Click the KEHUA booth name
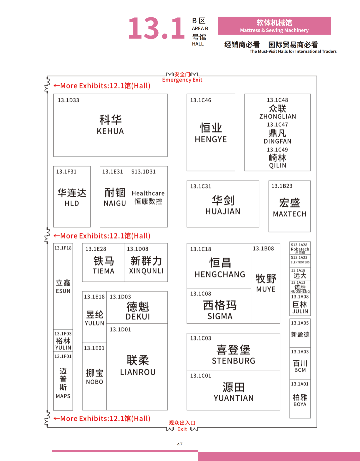click(x=110, y=131)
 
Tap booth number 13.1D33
click(x=68, y=100)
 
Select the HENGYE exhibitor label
click(x=211, y=140)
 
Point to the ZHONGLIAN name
click(x=278, y=117)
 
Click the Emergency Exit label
click(x=182, y=80)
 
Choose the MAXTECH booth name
click(x=289, y=214)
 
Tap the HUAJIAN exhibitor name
click(x=223, y=212)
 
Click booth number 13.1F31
click(x=66, y=172)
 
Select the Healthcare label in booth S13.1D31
click(x=148, y=193)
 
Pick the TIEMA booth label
click(x=103, y=271)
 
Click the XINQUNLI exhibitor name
click(x=146, y=271)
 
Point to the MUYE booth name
click(x=266, y=289)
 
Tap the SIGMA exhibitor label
click(x=220, y=316)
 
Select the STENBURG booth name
click(x=233, y=361)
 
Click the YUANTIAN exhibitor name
click(x=233, y=398)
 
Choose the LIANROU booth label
click(x=138, y=372)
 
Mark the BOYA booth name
click(x=300, y=404)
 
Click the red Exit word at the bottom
click(x=182, y=429)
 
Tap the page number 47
click(x=180, y=444)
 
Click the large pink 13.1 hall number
click(x=156, y=28)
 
